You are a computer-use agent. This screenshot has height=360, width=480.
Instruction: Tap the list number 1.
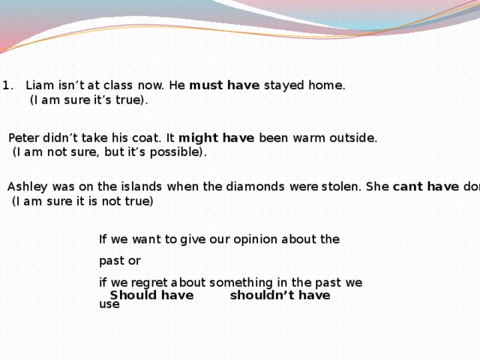click(x=5, y=85)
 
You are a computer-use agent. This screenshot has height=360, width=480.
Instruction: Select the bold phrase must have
click(x=224, y=85)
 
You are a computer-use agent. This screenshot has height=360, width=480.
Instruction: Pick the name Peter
click(x=24, y=138)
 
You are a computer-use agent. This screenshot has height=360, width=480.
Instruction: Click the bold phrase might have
click(x=217, y=138)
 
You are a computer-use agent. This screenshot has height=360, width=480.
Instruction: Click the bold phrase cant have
click(x=425, y=187)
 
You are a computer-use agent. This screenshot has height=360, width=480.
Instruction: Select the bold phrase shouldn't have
click(x=280, y=295)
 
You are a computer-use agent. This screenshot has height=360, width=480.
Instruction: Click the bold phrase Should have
click(x=151, y=295)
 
